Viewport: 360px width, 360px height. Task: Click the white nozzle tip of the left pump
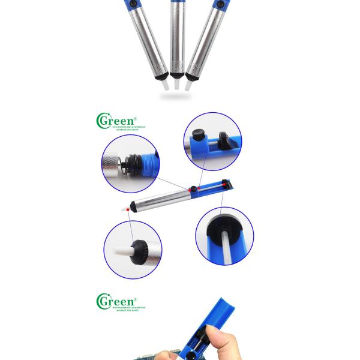pos(163,86)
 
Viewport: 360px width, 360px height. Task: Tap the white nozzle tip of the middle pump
pos(176,85)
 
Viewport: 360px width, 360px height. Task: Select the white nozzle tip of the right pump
pos(189,86)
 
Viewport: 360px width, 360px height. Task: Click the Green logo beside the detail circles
pos(116,121)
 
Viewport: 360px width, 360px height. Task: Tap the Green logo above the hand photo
pos(116,300)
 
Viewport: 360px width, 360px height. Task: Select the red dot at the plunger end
pos(226,186)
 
